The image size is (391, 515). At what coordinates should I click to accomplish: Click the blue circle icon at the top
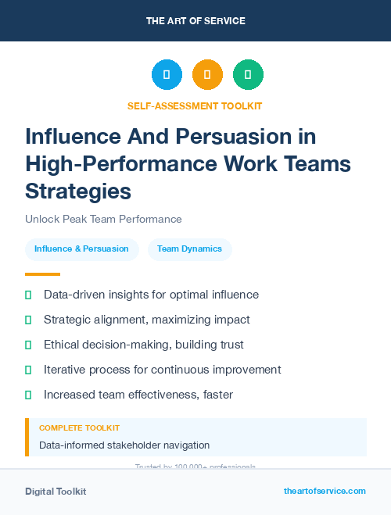pos(167,75)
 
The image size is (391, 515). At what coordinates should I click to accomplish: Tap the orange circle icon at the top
pos(207,75)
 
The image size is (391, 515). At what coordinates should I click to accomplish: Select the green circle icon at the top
pos(248,75)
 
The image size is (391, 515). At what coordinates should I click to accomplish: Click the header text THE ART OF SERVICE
pos(195,21)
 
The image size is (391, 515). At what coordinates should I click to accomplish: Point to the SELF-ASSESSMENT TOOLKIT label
pos(195,106)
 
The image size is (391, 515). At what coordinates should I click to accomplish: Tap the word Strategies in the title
pos(78,191)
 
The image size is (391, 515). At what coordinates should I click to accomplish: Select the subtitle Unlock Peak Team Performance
pos(103,219)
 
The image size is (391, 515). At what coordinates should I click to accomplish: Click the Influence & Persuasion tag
pos(81,249)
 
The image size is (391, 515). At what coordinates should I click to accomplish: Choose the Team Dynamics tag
pos(189,249)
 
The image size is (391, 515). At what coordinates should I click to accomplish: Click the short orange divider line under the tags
pos(42,274)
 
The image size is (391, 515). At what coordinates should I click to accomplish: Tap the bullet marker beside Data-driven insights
pos(28,295)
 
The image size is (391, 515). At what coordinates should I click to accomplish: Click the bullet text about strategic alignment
pos(147,320)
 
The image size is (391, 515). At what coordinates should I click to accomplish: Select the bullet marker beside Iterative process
pos(28,370)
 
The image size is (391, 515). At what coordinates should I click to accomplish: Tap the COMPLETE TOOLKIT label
pos(79,428)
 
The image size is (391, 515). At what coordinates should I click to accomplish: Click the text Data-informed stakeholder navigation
pos(124,445)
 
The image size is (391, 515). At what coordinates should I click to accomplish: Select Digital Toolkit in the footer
pos(56,492)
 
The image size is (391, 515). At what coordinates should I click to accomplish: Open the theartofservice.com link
pos(325,491)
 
